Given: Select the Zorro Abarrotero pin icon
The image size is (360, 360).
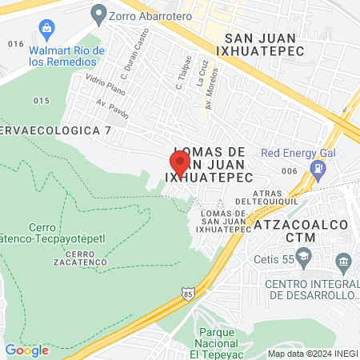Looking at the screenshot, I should click(x=99, y=13).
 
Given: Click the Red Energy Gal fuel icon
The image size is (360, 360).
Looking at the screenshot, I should click(x=319, y=170).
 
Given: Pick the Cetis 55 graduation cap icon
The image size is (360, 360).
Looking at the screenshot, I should click(x=303, y=256).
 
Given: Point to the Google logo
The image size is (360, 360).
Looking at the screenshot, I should click(x=26, y=350).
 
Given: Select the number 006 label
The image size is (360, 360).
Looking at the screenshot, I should click(x=289, y=171).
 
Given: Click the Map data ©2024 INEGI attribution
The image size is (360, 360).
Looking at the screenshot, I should click(x=312, y=354).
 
